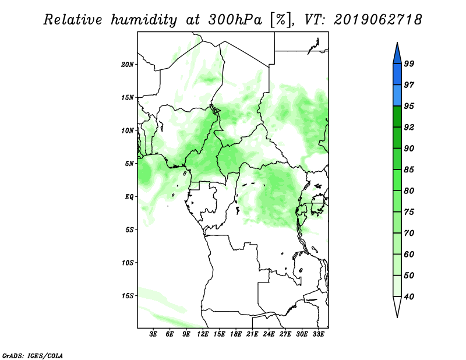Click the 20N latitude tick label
tap(128, 65)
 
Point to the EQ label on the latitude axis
tap(129, 197)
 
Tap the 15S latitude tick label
tap(128, 296)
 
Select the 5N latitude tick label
tap(129, 164)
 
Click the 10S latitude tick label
tap(128, 263)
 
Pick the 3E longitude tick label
tap(153, 334)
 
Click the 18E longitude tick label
tap(236, 334)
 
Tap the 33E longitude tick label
tap(318, 334)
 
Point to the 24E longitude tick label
tap(269, 334)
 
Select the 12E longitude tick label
tap(203, 334)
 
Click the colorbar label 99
tap(409, 63)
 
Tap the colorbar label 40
tap(409, 297)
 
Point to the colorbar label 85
tap(409, 170)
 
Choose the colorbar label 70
tap(409, 233)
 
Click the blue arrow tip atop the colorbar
tap(397, 43)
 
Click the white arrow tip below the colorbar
tap(397, 317)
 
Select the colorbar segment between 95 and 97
tap(397, 96)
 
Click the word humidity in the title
tap(144, 20)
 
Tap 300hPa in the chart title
tap(235, 20)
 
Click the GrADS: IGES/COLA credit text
tap(33, 355)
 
